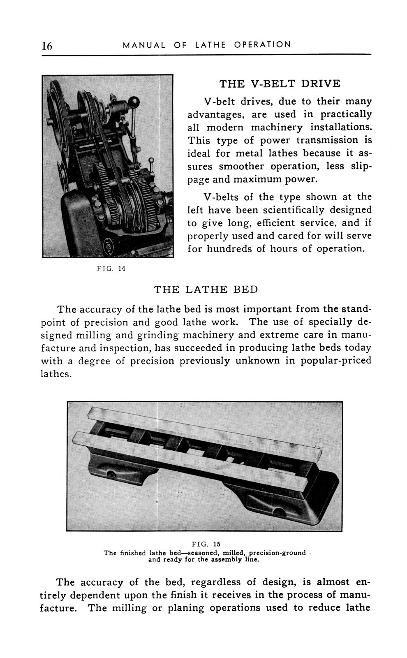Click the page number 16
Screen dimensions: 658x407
(46, 46)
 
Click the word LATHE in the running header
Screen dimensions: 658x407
(210, 45)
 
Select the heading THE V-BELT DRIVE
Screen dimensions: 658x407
(280, 84)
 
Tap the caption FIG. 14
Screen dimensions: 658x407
(111, 269)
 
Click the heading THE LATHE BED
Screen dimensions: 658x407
(206, 289)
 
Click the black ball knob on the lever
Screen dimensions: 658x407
(134, 102)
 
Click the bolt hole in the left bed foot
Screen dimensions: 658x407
(111, 475)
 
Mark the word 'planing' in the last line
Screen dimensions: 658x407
(185, 608)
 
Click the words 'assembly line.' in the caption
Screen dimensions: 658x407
(236, 560)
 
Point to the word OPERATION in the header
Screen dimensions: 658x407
(262, 45)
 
